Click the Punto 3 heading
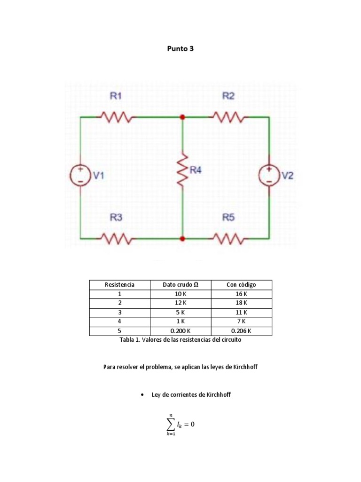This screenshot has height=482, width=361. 180,48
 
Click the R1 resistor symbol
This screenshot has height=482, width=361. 116,116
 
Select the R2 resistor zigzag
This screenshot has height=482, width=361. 228,116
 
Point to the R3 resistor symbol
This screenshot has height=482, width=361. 116,239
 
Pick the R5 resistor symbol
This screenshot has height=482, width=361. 228,239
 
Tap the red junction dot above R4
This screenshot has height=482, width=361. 182,117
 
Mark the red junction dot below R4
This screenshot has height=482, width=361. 182,239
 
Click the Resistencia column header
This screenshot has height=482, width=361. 119,285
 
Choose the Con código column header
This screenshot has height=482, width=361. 242,285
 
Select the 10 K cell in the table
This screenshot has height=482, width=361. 180,294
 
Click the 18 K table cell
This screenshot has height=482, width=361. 242,303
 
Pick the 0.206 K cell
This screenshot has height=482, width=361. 242,330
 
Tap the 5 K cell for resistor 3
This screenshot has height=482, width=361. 180,313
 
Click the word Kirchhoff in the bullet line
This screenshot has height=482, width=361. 218,395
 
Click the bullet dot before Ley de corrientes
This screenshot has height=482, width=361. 141,395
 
